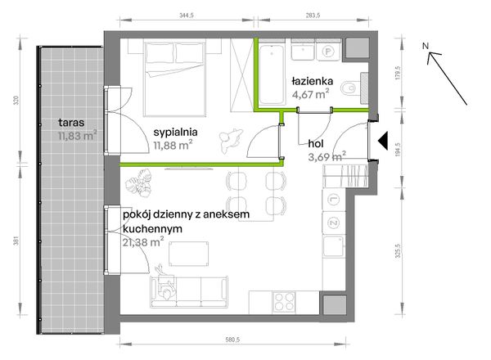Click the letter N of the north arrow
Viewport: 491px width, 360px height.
[x=426, y=47]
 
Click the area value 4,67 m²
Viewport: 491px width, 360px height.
[x=311, y=94]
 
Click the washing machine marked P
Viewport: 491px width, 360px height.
[x=327, y=52]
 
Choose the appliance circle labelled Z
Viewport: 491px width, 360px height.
[x=334, y=222]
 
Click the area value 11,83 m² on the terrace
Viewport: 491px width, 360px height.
[x=77, y=136]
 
